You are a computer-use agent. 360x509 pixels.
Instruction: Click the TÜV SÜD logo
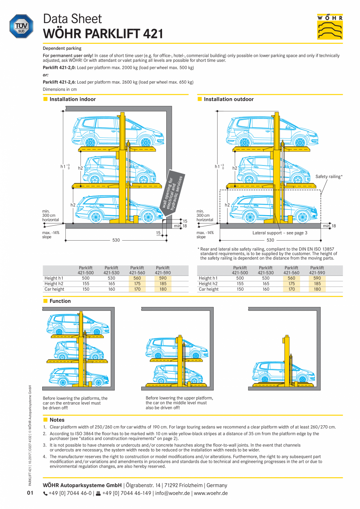coord(21,27)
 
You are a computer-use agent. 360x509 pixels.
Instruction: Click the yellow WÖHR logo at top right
coord(330,27)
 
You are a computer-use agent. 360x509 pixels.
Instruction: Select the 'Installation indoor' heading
coord(72,99)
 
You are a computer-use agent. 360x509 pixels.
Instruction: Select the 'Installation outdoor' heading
coord(229,99)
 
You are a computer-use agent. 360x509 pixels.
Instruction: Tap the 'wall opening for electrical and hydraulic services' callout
coord(172,191)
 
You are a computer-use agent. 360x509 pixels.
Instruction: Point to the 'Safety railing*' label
coord(329,177)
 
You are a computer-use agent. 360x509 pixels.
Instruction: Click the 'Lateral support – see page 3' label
coord(280,233)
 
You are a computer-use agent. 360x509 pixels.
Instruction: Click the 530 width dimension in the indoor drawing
coord(116,240)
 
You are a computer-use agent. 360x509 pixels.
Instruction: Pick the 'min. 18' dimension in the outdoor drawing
coord(329,226)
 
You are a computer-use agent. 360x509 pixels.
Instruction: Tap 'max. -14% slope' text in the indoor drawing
coord(51,235)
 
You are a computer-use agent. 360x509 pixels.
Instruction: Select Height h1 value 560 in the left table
coord(137,278)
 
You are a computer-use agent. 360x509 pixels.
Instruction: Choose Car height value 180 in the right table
coord(317,289)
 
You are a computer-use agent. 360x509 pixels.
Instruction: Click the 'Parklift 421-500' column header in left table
coord(86,270)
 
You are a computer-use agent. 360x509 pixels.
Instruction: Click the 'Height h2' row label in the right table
coord(208,284)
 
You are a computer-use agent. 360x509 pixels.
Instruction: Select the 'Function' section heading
coord(60,301)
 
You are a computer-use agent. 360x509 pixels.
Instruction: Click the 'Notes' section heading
coord(57,420)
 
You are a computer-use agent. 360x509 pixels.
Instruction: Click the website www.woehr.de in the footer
coord(211,493)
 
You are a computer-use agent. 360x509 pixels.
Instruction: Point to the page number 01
coord(31,493)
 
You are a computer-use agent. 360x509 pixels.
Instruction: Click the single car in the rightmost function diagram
coord(278,372)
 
